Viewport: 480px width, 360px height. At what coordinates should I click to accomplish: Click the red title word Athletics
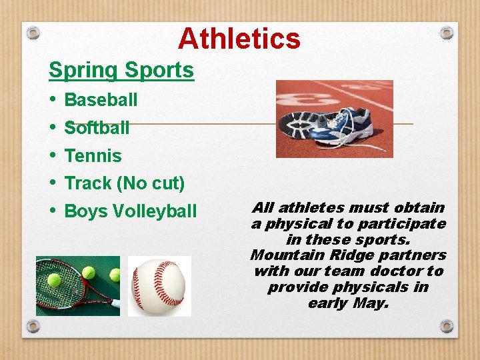239,39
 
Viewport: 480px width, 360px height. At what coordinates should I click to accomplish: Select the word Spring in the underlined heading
81,70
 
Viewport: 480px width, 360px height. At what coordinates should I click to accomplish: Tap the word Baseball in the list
101,100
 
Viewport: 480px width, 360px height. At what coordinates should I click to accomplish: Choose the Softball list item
97,127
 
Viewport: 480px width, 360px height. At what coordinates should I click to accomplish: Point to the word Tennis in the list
93,156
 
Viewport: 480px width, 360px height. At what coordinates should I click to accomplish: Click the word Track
87,183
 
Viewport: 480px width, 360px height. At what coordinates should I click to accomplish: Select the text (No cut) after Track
151,183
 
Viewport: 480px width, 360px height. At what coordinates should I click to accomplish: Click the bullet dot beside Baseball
53,100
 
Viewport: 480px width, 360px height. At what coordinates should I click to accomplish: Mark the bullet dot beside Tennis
53,156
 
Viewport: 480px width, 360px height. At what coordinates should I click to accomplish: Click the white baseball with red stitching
159,285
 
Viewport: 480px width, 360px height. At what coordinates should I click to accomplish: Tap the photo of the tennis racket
78,285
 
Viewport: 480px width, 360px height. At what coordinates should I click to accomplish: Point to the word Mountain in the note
281,255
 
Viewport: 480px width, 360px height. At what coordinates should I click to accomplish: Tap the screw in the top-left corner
33,32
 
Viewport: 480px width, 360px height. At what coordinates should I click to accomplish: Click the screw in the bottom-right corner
447,327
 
